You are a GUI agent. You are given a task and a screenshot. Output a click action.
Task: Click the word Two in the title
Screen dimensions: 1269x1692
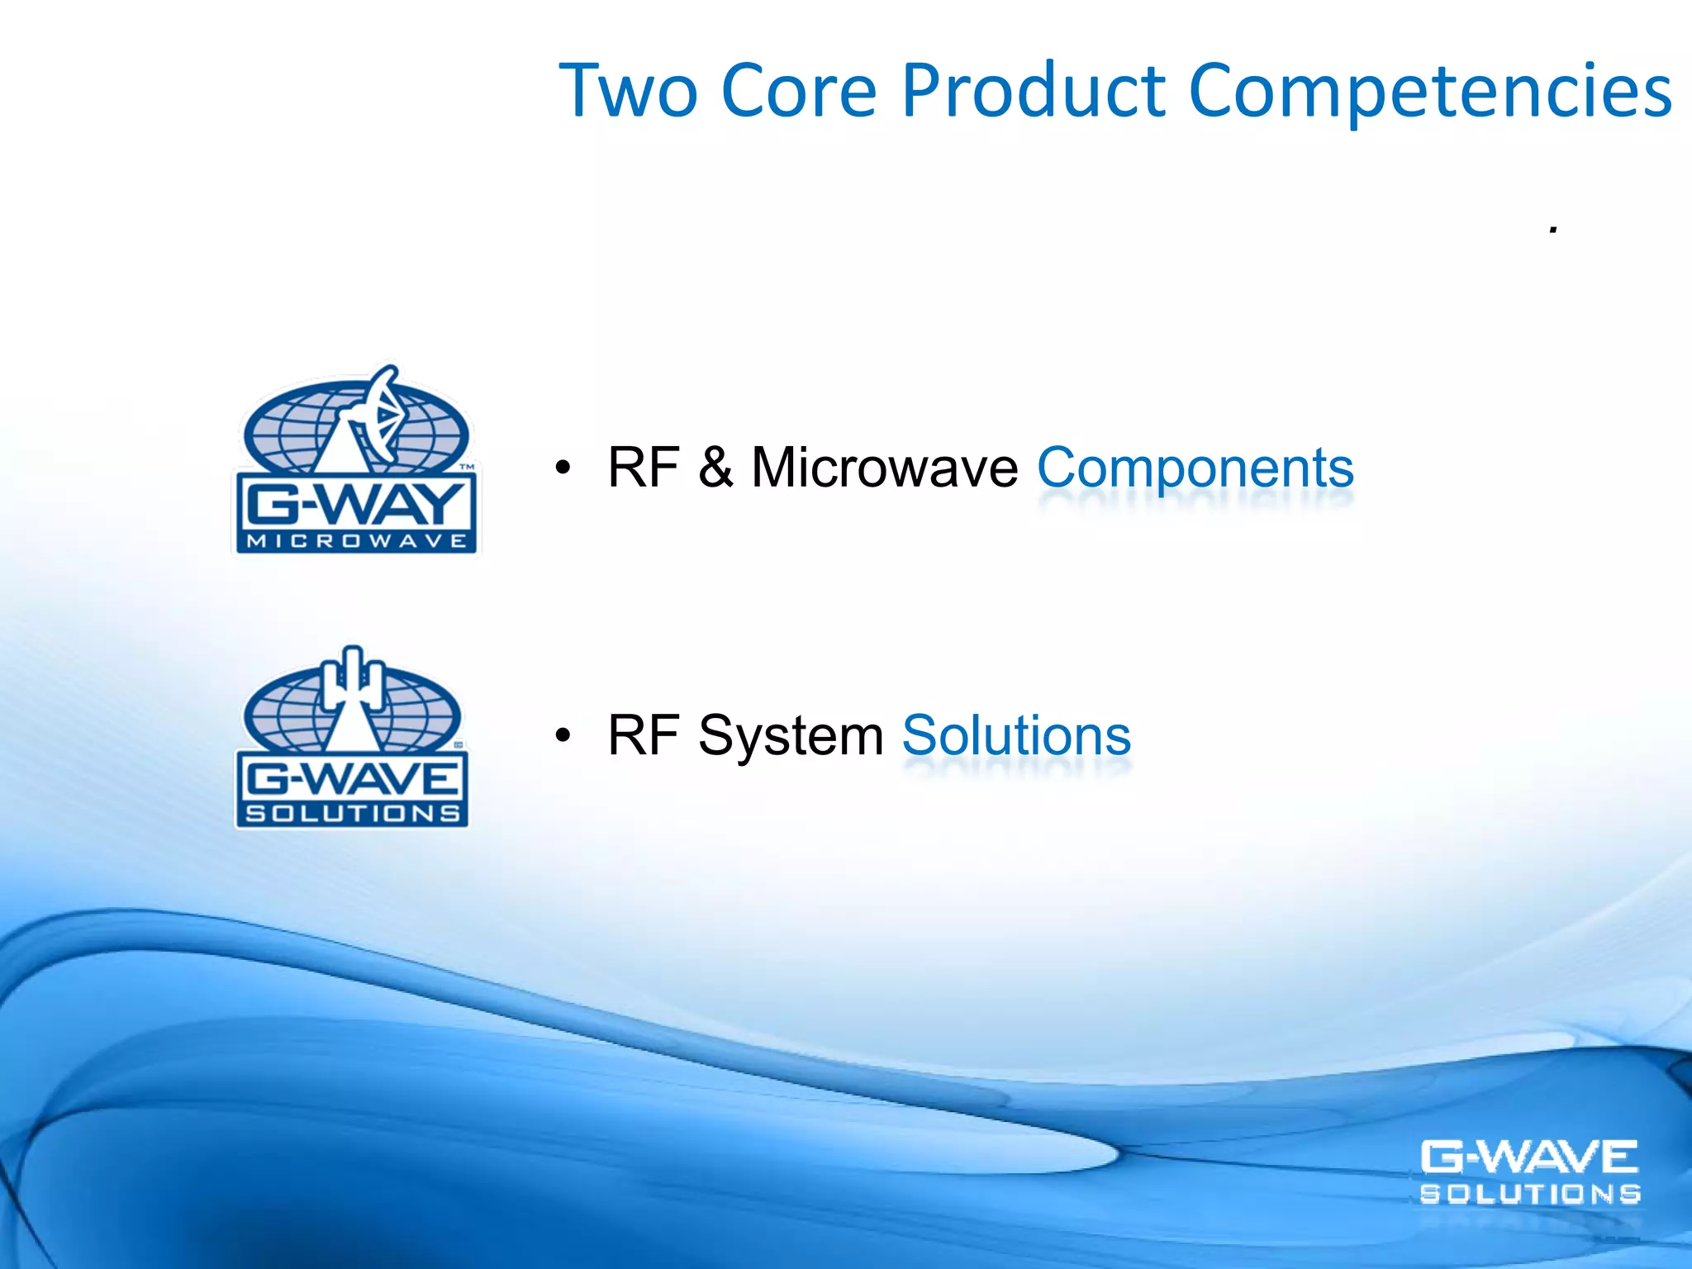click(x=628, y=91)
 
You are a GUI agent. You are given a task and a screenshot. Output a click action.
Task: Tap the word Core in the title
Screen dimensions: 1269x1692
click(x=798, y=91)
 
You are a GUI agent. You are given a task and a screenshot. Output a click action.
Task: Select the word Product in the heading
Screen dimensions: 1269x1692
click(x=1033, y=91)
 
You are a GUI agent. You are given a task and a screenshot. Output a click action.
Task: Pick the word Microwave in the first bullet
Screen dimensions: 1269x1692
click(x=884, y=468)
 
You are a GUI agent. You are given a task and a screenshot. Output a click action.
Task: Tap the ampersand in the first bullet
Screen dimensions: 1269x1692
click(x=715, y=468)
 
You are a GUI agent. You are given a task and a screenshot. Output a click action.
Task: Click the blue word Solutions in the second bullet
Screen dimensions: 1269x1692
click(x=1016, y=735)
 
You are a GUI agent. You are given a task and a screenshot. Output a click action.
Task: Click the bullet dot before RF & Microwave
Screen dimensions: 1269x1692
click(x=563, y=468)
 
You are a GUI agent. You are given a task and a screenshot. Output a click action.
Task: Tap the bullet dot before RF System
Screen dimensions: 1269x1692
click(x=563, y=735)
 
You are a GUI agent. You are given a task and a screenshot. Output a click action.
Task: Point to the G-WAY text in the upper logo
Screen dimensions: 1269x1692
click(x=355, y=505)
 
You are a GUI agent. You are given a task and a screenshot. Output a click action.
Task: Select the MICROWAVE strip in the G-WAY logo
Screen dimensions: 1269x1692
click(x=355, y=541)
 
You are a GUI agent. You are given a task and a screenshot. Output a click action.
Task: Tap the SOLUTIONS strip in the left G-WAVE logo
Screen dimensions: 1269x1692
click(x=352, y=814)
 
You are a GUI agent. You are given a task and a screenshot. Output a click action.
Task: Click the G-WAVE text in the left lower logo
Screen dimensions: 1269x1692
click(x=352, y=778)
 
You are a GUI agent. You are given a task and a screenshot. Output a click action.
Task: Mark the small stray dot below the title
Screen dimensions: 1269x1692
click(x=1553, y=231)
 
